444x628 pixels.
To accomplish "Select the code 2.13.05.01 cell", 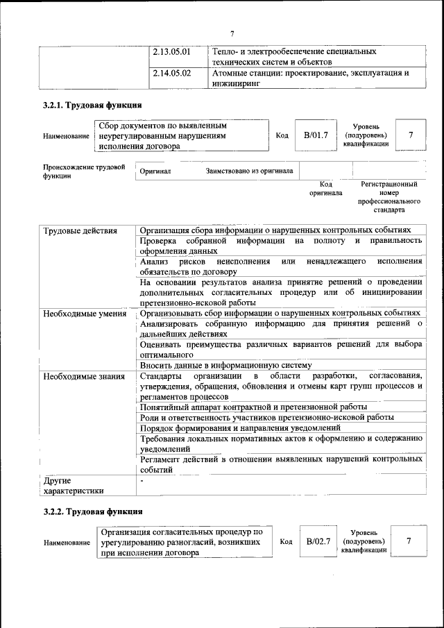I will (x=171, y=52).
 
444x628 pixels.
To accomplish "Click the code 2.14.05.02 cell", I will (x=171, y=72).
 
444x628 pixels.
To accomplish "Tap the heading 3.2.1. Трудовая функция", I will (x=92, y=105).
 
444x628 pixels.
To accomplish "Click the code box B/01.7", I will (x=316, y=135).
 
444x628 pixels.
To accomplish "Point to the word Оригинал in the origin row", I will (x=155, y=171).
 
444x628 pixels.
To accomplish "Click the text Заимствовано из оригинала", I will (x=249, y=171).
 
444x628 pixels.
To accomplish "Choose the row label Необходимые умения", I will (x=85, y=314).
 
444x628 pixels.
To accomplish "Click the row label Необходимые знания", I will (x=83, y=376).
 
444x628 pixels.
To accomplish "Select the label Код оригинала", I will (x=325, y=189).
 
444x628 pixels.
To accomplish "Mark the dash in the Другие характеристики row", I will (x=142, y=480).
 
